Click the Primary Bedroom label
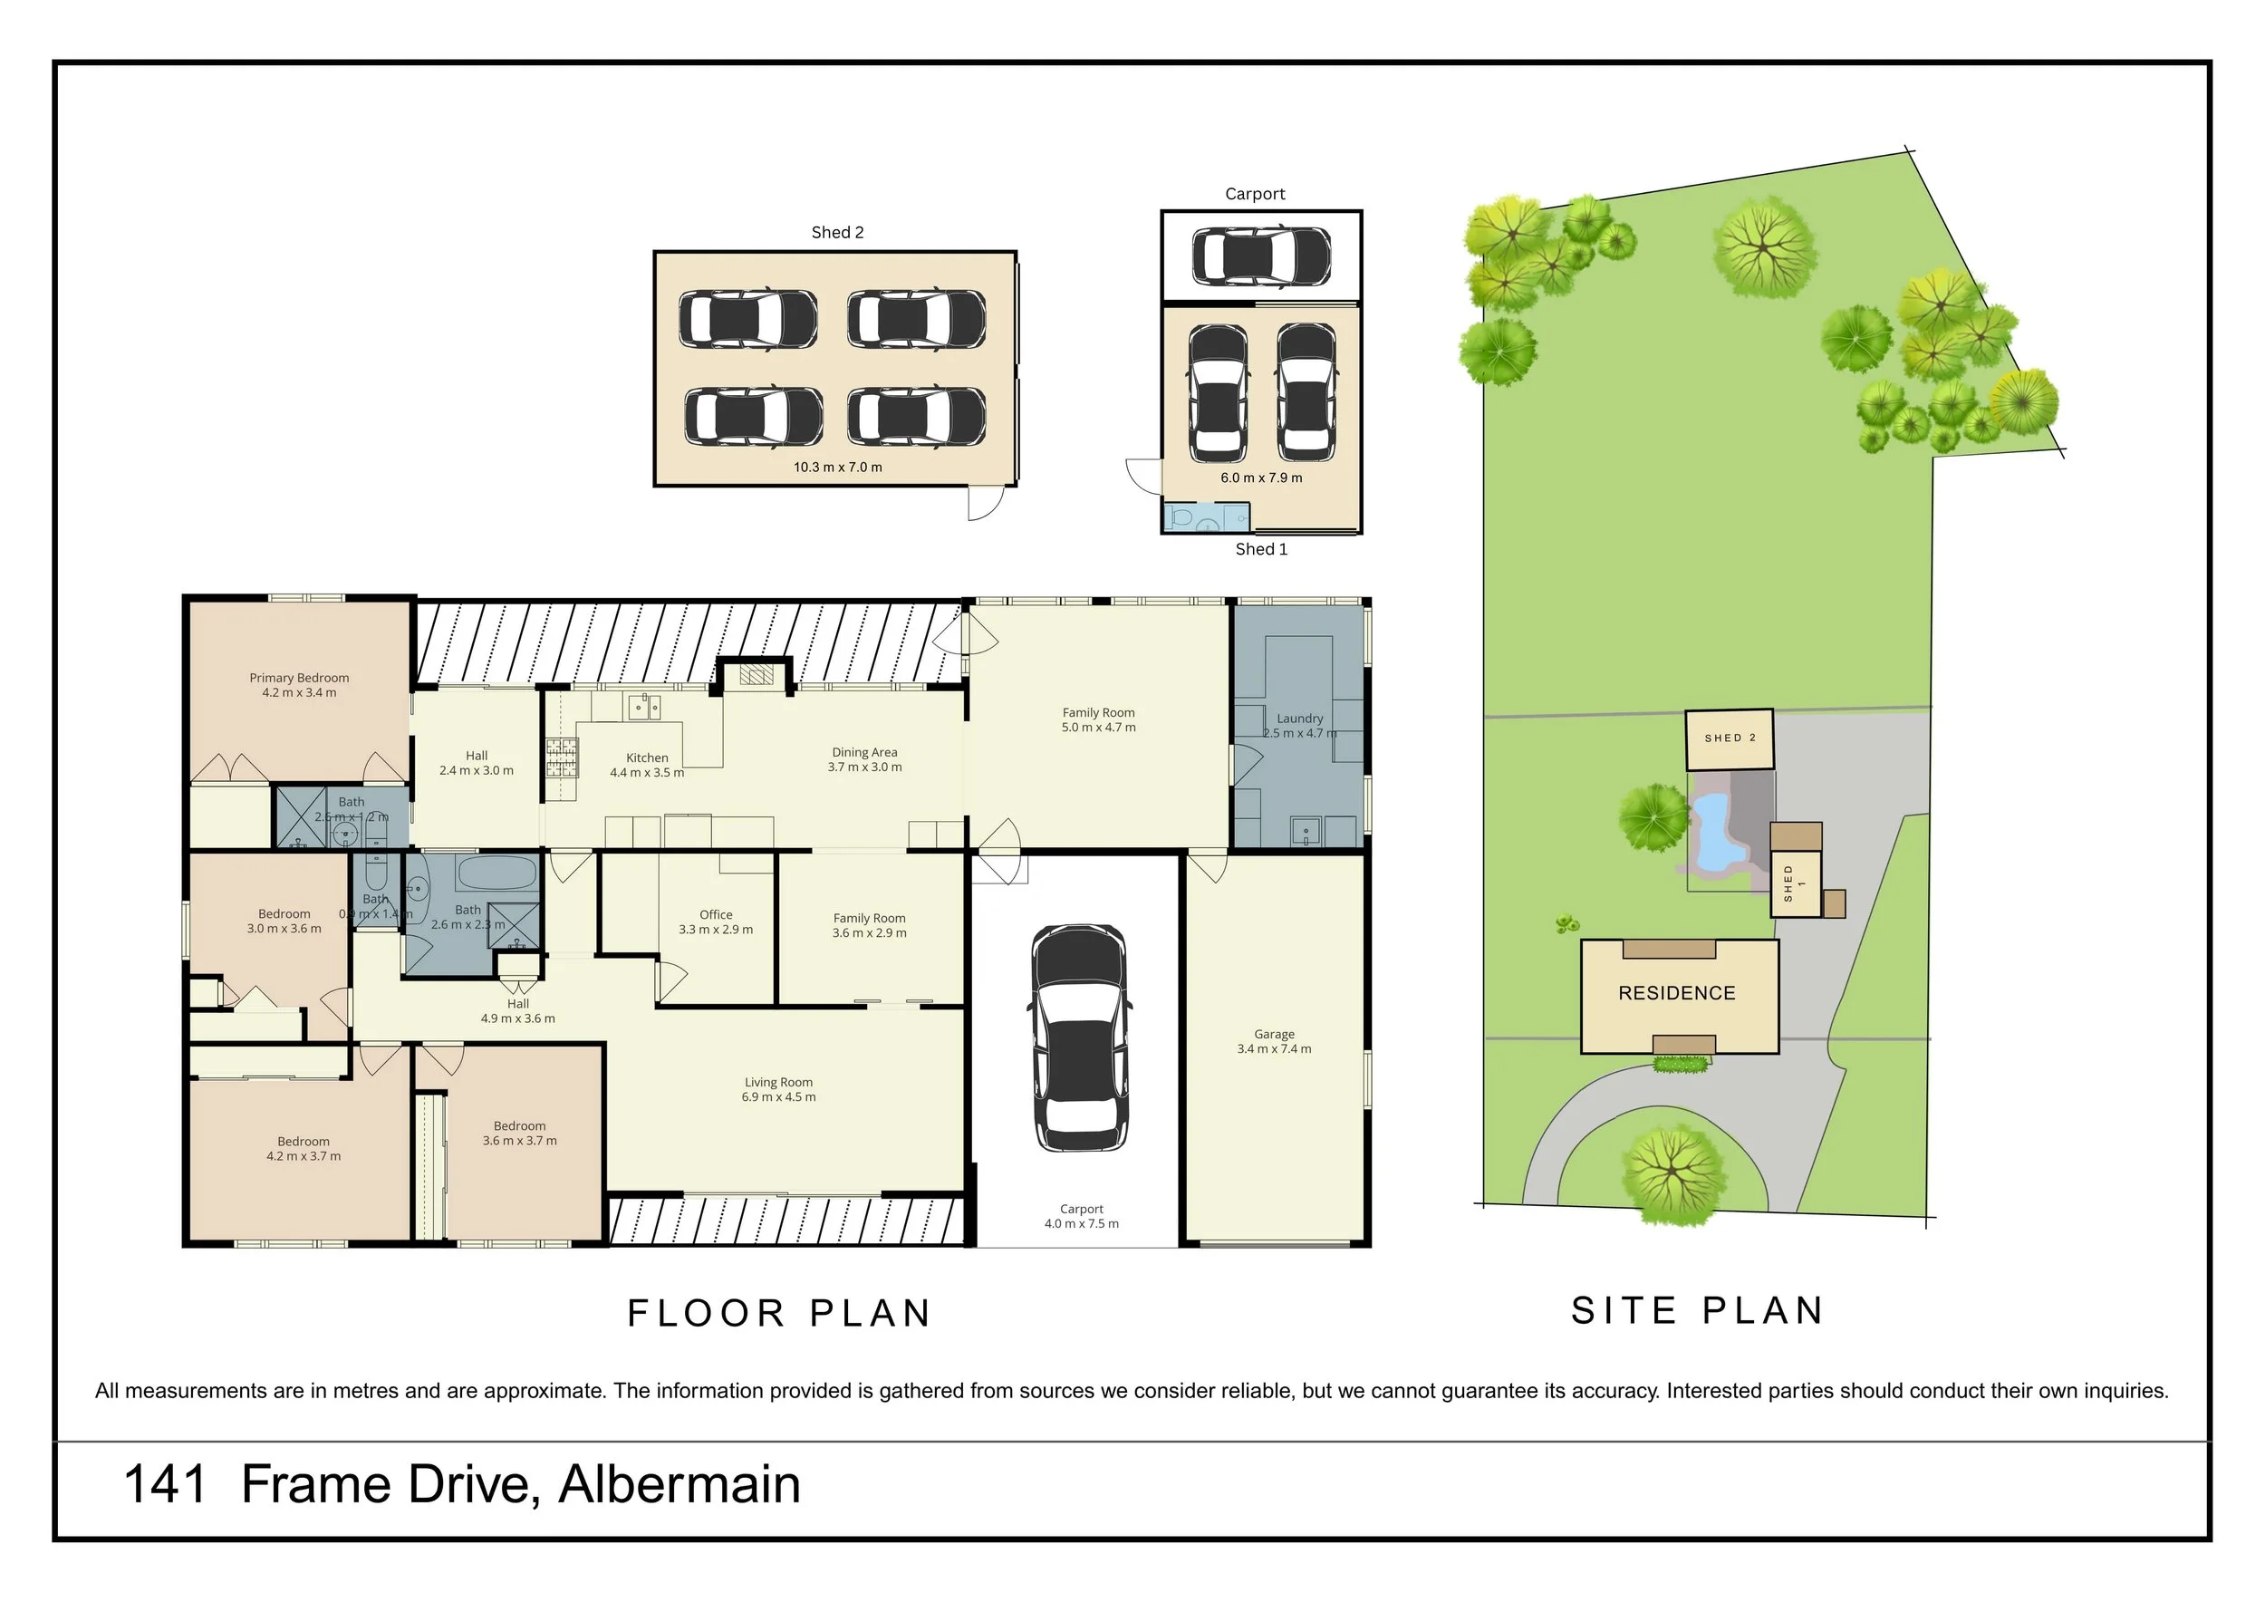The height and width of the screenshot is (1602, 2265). [299, 678]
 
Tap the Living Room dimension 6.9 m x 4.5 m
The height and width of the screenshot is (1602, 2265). [778, 1097]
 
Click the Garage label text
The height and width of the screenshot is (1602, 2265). [1274, 1035]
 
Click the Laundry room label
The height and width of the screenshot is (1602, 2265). [1299, 719]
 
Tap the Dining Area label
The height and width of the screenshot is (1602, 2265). [864, 752]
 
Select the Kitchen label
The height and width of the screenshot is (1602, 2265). [646, 758]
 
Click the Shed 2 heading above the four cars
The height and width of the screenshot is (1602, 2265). [836, 233]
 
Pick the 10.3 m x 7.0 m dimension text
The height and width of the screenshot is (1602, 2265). [837, 468]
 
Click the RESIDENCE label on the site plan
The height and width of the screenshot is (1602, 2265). [1676, 993]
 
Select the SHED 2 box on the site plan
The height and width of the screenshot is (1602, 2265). [1729, 738]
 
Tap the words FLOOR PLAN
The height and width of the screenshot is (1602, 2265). [779, 1314]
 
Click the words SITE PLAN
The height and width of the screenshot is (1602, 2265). [1697, 1311]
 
